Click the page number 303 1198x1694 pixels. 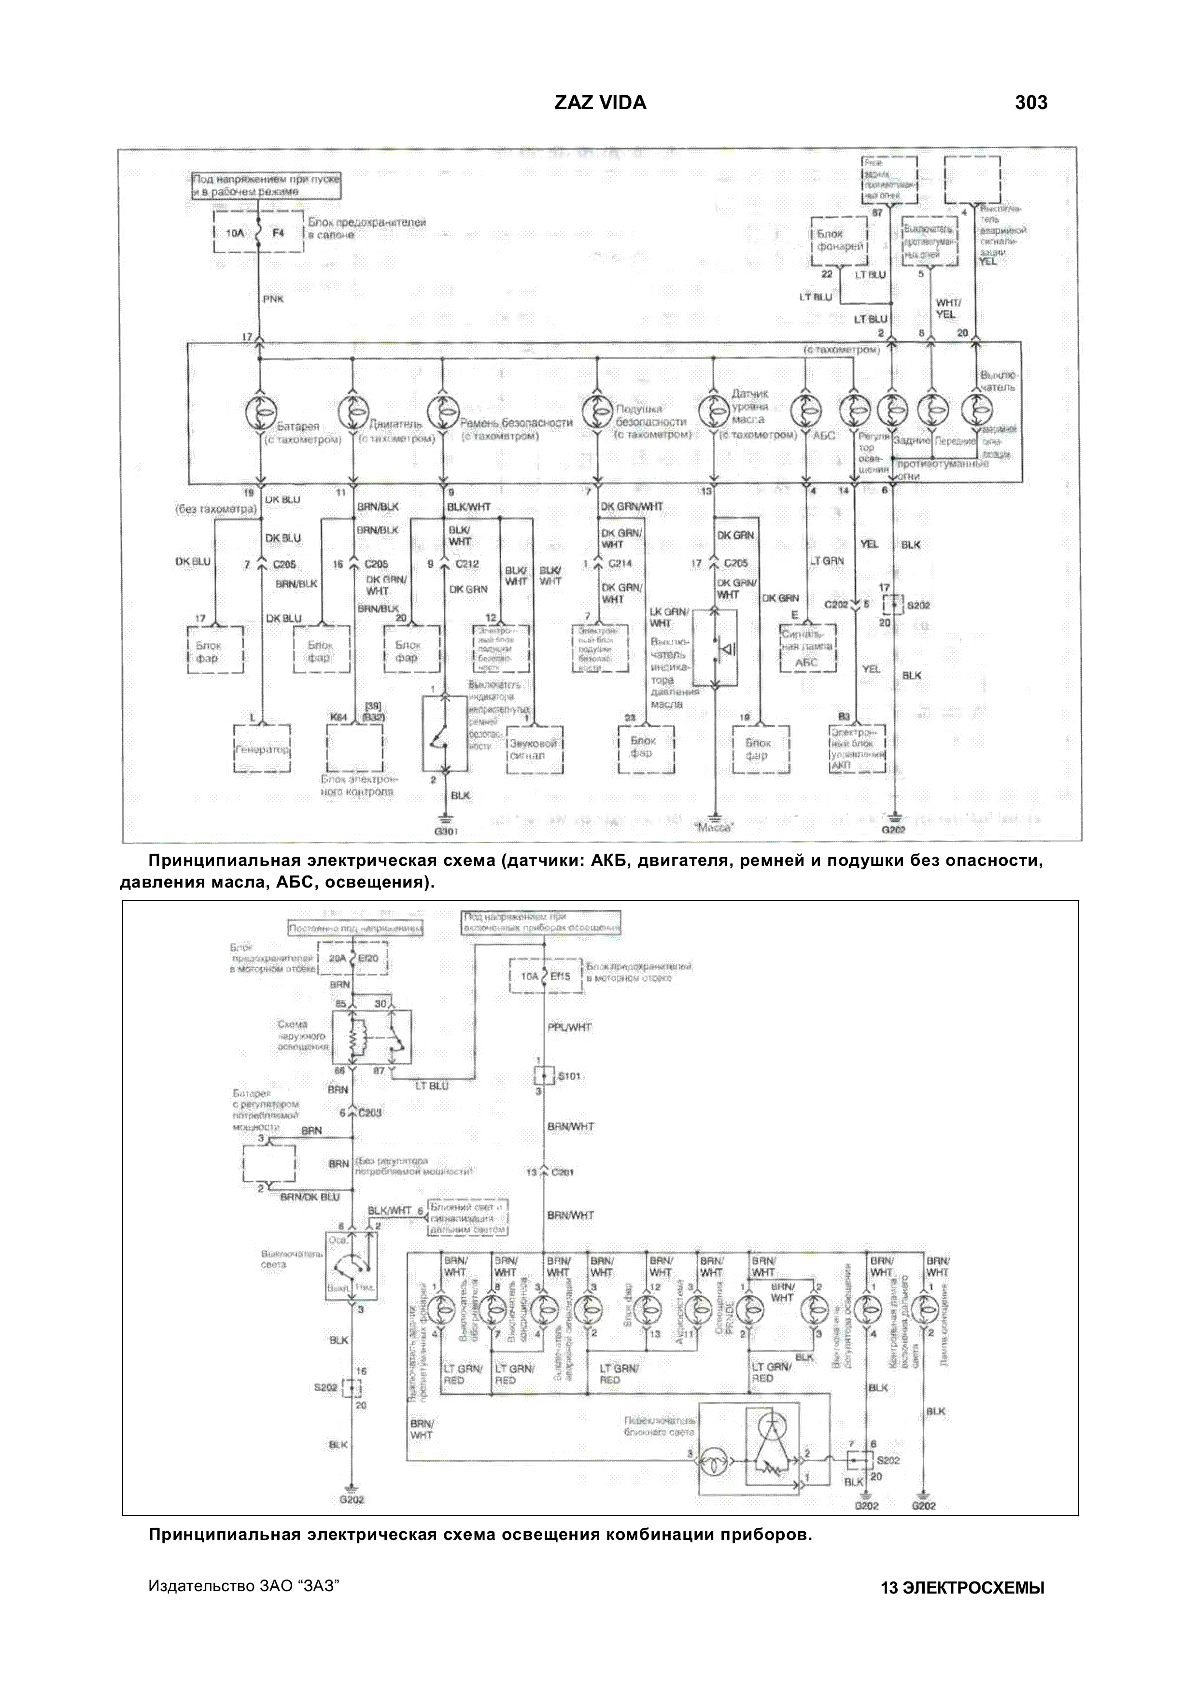[1030, 102]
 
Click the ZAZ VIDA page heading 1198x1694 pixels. [600, 102]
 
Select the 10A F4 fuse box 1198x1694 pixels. [257, 232]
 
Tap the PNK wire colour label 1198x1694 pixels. [273, 299]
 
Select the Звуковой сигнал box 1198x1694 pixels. [534, 749]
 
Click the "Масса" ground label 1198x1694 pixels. [714, 828]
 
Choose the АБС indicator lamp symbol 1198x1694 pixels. [806, 409]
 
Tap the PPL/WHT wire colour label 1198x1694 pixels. [569, 1027]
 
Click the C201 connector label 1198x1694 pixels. [561, 1172]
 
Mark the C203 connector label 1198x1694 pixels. [369, 1113]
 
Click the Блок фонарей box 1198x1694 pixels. [839, 240]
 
